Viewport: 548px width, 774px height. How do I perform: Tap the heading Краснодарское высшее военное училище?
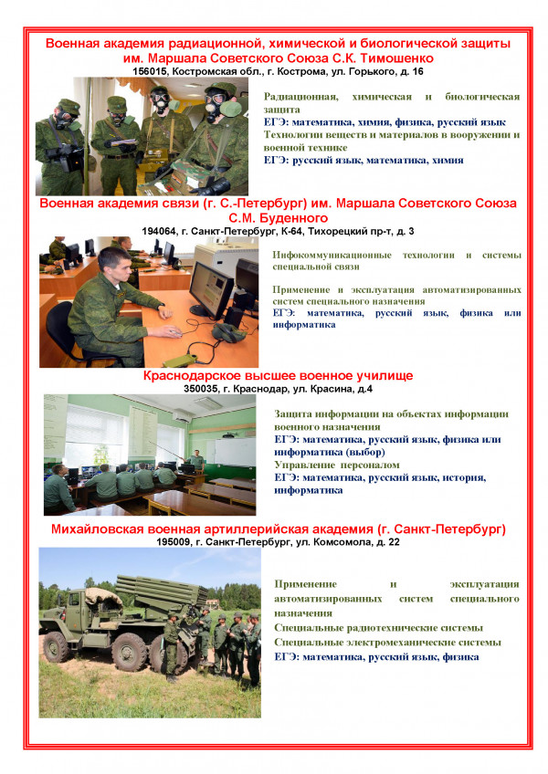[278, 375]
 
